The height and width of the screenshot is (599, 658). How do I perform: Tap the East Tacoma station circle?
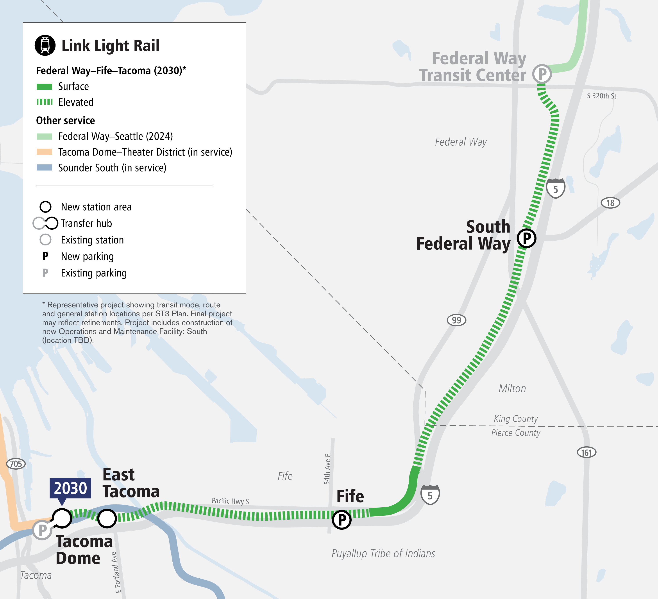107,518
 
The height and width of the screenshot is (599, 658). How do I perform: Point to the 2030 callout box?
70,488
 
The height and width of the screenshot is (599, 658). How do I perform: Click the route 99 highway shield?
456,320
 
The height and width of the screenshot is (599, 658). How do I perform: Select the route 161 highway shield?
586,452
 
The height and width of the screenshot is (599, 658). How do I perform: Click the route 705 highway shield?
16,463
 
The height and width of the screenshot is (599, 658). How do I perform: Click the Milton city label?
512,388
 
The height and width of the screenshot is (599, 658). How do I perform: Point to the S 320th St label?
602,96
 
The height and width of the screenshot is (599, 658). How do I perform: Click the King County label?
516,418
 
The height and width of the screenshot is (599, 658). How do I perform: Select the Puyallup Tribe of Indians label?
383,554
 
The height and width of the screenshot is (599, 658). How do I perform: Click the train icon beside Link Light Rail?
45,45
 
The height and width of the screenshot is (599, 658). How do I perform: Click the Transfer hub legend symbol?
46,223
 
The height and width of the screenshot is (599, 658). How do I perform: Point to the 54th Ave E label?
327,469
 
